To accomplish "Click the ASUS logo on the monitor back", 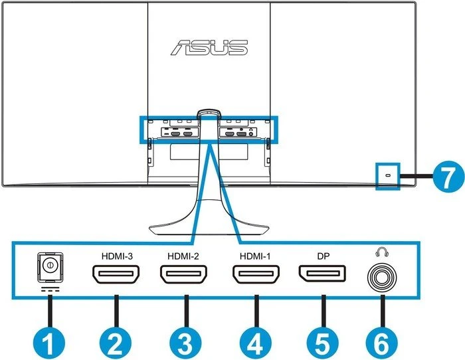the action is pos(209,47).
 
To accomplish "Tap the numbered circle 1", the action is pos(48,343).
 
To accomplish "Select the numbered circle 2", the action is pos(116,343).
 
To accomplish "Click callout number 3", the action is pos(185,343).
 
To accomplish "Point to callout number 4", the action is pos(256,343).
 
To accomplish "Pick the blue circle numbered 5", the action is pos(323,343).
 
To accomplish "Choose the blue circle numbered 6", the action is pos(382,343).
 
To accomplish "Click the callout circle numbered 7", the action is pos(448,176).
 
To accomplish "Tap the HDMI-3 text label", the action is pos(117,256).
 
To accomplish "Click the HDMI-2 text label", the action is pos(183,256).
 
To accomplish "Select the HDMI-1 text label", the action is pos(255,256).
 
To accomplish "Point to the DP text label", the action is pos(324,256).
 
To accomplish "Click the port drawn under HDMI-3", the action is pos(116,274).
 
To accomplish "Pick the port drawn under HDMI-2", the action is pos(183,274).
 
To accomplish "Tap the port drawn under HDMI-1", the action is pos(256,274).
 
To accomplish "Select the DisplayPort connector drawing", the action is pos(322,274).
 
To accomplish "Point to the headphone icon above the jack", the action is pos(382,252).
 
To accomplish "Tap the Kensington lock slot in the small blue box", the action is pos(388,175).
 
